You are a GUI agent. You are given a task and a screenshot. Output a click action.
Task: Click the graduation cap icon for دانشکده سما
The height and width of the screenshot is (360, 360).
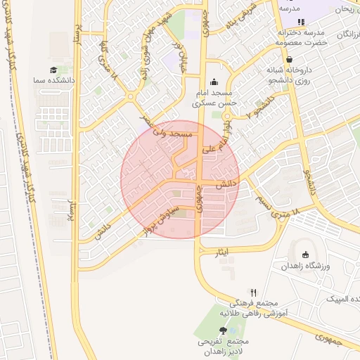53,70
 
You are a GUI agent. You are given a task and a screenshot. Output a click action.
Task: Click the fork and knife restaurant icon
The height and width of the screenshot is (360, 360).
254,292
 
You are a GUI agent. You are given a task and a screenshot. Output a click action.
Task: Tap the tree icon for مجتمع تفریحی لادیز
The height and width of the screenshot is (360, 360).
224,330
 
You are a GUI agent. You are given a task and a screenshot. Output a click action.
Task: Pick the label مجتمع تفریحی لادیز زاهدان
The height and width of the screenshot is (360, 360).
224,345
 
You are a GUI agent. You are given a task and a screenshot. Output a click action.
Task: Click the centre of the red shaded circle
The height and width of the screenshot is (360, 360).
180,179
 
